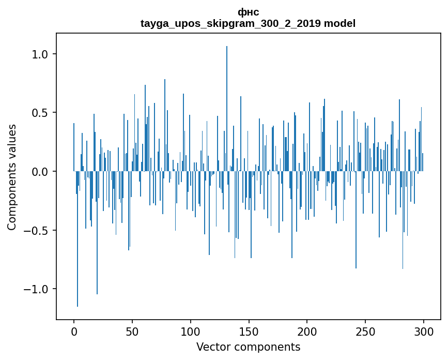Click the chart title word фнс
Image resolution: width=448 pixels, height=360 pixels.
click(248, 12)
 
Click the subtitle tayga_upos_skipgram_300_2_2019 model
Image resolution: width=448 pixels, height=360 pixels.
click(248, 23)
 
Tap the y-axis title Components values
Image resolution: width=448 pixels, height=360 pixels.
click(12, 177)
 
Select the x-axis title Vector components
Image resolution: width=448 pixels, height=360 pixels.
click(248, 347)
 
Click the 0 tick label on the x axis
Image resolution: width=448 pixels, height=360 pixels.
click(74, 331)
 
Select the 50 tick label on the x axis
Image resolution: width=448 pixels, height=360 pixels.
click(132, 331)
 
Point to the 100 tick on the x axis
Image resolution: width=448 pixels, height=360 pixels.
click(191, 331)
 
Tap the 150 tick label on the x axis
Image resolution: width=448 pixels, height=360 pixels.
click(249, 331)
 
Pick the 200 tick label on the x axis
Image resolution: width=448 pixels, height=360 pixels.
click(307, 331)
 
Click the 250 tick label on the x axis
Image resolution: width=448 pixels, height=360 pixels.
click(365, 331)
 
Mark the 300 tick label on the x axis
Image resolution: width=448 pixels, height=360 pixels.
click(424, 331)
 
